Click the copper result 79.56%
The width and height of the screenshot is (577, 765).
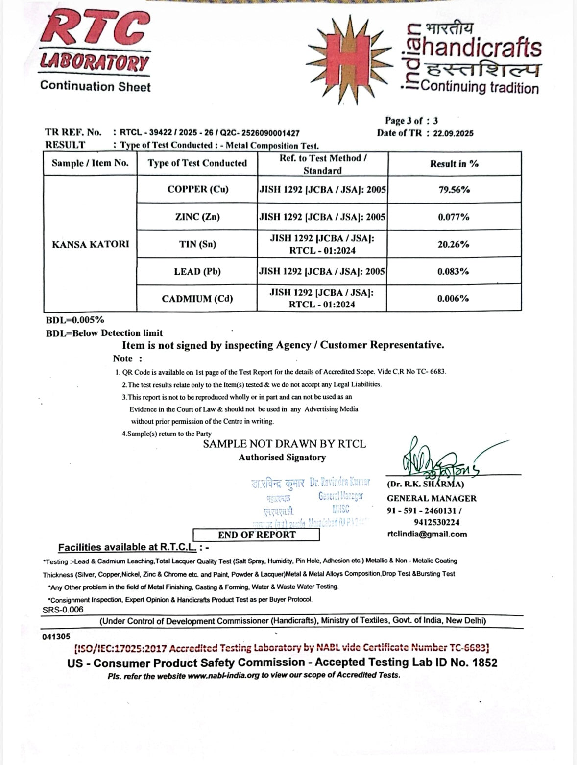tap(454, 190)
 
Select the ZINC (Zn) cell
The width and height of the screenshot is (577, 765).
tap(197, 217)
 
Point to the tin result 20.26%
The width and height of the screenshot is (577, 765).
tap(454, 244)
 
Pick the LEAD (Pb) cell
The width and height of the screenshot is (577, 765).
tap(197, 271)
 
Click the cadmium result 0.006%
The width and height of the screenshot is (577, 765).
tap(454, 298)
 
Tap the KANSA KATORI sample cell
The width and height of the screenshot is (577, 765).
tap(91, 244)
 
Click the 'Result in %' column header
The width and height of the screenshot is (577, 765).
tap(454, 164)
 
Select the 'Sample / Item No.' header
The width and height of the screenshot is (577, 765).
tap(90, 163)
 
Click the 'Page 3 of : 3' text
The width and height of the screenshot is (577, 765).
tap(411, 121)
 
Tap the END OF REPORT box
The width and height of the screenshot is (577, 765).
tap(257, 535)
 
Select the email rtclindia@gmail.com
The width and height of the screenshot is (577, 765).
tap(427, 534)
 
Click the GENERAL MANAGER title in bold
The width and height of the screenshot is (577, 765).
tap(432, 498)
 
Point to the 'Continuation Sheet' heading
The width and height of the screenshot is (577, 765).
tap(96, 86)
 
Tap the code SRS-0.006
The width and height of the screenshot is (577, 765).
tap(63, 610)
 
